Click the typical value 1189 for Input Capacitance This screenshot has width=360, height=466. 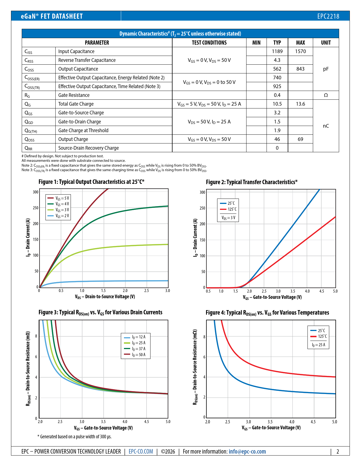[x=277, y=51]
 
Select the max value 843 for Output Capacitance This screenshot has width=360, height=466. [x=300, y=69]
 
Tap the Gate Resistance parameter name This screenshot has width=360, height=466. [x=74, y=95]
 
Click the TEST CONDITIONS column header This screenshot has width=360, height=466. [x=209, y=43]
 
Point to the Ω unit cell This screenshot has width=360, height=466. [x=326, y=95]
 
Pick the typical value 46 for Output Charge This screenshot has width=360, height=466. [x=277, y=139]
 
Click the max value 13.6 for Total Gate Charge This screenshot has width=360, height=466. [x=300, y=104]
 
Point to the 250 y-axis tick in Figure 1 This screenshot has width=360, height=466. [x=36, y=208]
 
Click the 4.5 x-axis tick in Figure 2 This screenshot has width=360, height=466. [x=322, y=291]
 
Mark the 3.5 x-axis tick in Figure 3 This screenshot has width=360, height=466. [x=103, y=422]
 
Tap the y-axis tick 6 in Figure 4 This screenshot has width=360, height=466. [x=204, y=357]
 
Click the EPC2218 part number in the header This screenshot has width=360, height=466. [x=328, y=16]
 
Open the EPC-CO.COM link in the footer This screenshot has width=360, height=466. [x=141, y=452]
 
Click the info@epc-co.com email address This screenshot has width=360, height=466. [x=247, y=452]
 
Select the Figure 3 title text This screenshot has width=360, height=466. [x=100, y=312]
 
